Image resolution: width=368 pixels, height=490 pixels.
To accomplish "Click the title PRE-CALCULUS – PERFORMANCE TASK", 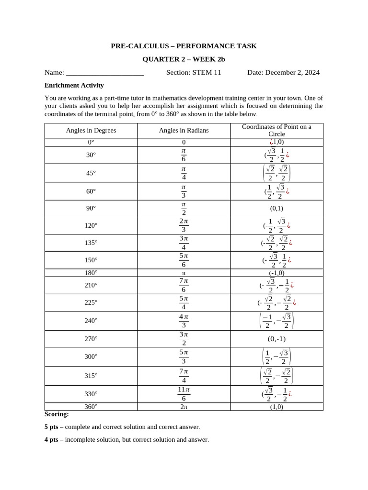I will [x=184, y=46].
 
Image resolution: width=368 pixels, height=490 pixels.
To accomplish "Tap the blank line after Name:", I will [x=104, y=73].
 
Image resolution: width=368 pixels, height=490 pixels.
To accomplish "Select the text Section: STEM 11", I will [x=194, y=73].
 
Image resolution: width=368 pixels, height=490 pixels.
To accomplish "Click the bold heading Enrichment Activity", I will [x=74, y=85].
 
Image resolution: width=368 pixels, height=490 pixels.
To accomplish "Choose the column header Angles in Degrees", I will [x=91, y=130].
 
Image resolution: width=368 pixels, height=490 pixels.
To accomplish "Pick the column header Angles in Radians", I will [x=184, y=130].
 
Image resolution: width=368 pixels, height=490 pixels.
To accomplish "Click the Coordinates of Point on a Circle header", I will [x=276, y=130].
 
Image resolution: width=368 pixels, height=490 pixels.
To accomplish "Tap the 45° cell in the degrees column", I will [x=91, y=173].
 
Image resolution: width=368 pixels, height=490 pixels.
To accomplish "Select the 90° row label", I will [x=91, y=208].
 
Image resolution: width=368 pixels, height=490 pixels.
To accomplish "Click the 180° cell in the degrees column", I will [x=91, y=273].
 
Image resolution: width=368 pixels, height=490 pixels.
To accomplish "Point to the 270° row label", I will [x=91, y=339].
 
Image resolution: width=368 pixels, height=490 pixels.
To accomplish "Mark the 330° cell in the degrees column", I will [x=91, y=394].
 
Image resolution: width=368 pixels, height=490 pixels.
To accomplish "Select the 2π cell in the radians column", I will [x=184, y=407].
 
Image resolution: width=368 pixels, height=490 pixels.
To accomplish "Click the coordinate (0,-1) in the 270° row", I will [x=276, y=339].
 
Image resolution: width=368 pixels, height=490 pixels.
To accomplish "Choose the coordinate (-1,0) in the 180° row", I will [x=276, y=273].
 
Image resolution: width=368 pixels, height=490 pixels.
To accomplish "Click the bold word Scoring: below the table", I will [x=57, y=414].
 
